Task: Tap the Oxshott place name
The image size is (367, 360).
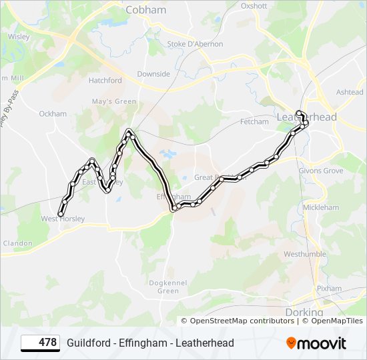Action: coord(254,5)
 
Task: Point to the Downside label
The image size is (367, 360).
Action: coord(153,74)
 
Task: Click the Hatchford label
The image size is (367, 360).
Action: coord(105,80)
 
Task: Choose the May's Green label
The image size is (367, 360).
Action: coord(114,101)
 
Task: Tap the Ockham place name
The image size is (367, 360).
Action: coord(53,114)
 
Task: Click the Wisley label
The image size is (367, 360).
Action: coord(19,37)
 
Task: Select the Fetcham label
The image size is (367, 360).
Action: coord(254,122)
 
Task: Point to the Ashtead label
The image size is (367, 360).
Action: coord(350,92)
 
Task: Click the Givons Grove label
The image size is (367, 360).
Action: coord(321,171)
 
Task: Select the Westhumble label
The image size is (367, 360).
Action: coord(305,254)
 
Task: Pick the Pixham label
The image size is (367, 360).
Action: coord(329,289)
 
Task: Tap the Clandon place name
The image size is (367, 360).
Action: coord(17,243)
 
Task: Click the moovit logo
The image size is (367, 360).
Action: coord(316,343)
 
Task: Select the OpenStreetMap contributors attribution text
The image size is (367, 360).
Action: coord(242,321)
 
